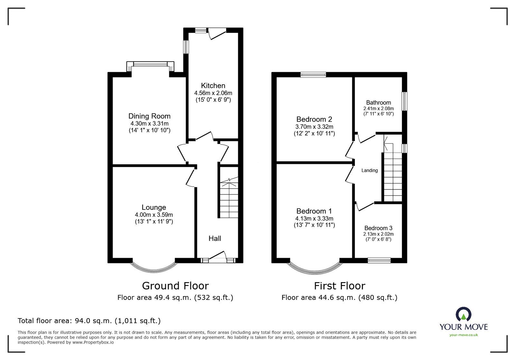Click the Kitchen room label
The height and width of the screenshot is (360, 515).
click(213, 86)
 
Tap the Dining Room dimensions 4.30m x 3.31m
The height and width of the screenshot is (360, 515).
click(149, 124)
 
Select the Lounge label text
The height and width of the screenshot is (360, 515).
click(154, 208)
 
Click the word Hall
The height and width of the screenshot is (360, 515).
click(215, 238)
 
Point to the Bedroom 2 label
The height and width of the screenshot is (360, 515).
click(314, 119)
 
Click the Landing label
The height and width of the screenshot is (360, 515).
click(369, 171)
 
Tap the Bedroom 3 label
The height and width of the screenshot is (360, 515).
click(378, 228)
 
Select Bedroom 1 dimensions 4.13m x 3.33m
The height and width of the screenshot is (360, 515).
click(314, 218)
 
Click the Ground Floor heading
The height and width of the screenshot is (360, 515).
click(175, 286)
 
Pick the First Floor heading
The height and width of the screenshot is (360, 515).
click(339, 286)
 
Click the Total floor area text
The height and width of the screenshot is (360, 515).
click(89, 321)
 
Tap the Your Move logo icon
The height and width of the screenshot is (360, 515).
click(463, 314)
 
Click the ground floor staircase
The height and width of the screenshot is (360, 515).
click(229, 199)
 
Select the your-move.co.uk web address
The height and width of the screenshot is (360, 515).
click(464, 335)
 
